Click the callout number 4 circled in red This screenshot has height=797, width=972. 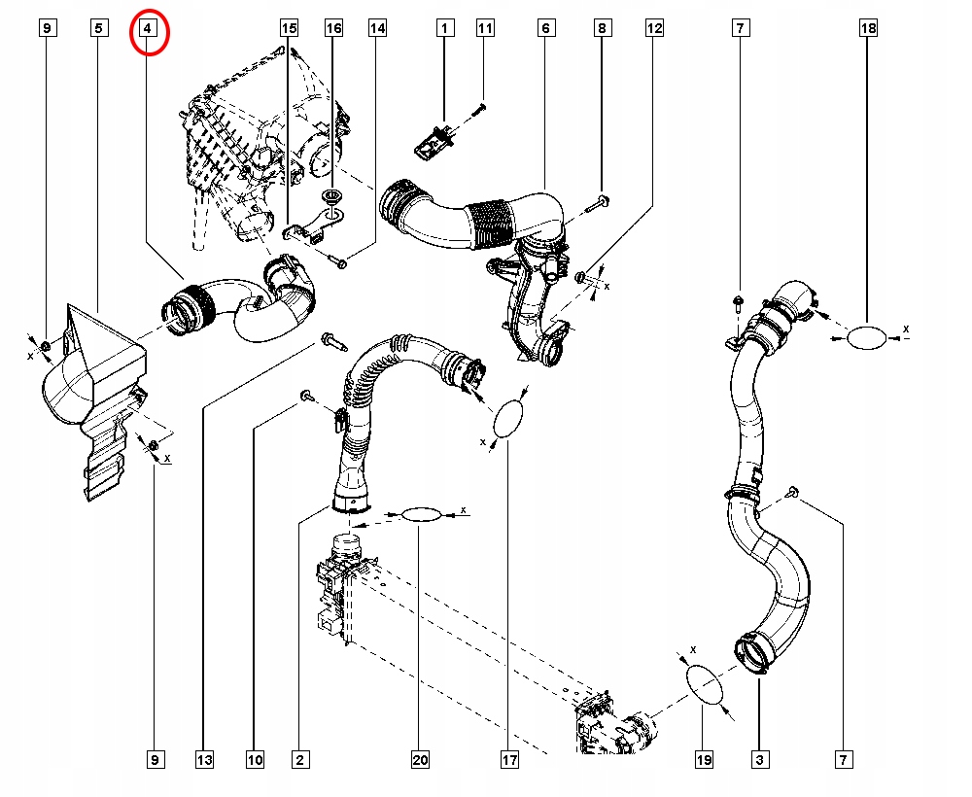pyautogui.click(x=148, y=28)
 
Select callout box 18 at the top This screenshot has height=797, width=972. pyautogui.click(x=868, y=28)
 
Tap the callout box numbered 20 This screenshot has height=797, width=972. pyautogui.click(x=420, y=760)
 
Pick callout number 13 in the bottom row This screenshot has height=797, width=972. pyautogui.click(x=204, y=760)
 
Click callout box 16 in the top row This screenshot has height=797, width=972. pyautogui.click(x=333, y=28)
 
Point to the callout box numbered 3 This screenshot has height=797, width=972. pyautogui.click(x=760, y=760)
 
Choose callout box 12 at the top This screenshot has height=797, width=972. pyautogui.click(x=654, y=28)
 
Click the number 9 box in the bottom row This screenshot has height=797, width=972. pyautogui.click(x=155, y=760)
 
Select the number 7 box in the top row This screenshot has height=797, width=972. pyautogui.click(x=740, y=28)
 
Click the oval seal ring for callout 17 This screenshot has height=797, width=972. pyautogui.click(x=508, y=418)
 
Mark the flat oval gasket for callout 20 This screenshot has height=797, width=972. pyautogui.click(x=422, y=514)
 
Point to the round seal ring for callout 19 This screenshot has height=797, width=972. pyautogui.click(x=705, y=686)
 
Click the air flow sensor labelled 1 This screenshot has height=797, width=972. pyautogui.click(x=434, y=140)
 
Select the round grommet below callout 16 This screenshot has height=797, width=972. pyautogui.click(x=331, y=198)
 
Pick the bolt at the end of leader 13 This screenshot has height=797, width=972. pyautogui.click(x=331, y=341)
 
